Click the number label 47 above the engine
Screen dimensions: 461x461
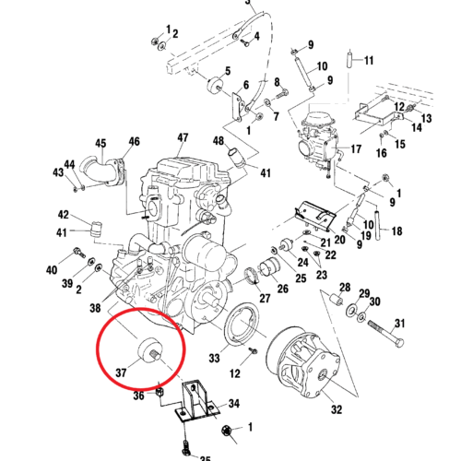point(183,138)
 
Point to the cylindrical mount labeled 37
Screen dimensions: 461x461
point(148,350)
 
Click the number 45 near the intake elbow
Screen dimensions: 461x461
point(100,143)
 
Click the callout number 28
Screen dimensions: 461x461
point(345,288)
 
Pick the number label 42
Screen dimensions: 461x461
point(64,214)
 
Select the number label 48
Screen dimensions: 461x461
point(219,141)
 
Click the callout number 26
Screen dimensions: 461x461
point(282,289)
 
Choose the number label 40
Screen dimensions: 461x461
point(52,270)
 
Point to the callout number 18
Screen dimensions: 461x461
point(397,230)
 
